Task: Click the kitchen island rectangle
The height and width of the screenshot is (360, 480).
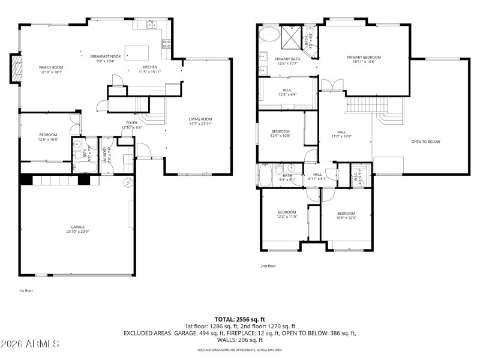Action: (136, 51)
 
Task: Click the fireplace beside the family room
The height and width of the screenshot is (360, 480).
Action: (14, 68)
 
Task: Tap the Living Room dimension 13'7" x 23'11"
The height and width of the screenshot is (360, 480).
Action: (201, 124)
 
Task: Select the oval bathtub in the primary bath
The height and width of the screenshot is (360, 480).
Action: (269, 34)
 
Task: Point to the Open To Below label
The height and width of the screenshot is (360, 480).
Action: (425, 142)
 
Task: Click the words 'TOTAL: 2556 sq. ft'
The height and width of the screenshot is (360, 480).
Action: (239, 319)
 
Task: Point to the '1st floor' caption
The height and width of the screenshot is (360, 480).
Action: (25, 290)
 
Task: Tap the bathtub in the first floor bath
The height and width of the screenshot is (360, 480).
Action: (80, 167)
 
